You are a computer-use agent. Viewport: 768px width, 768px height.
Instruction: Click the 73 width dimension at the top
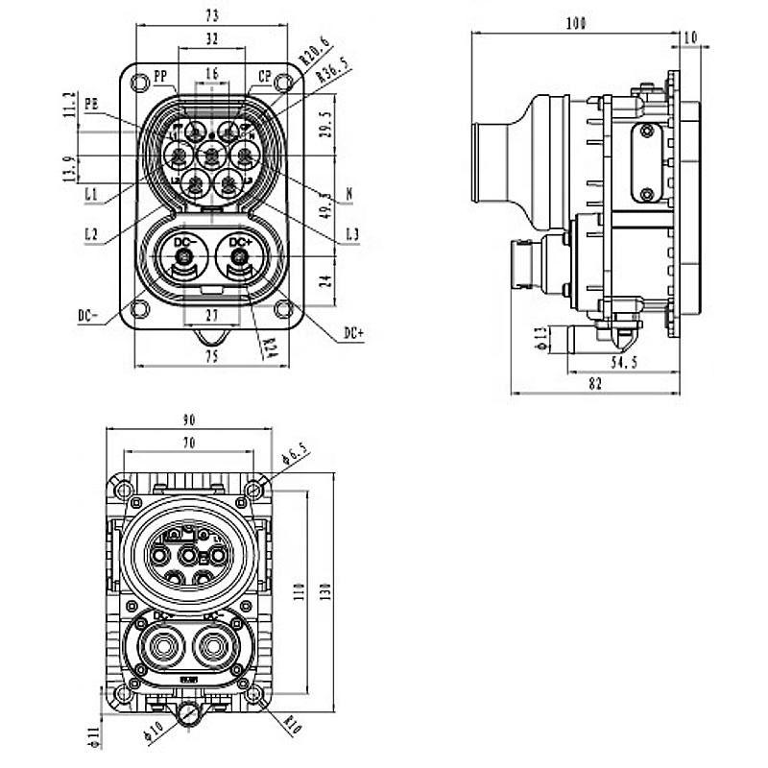click(211, 16)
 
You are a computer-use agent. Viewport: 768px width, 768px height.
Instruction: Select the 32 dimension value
click(211, 39)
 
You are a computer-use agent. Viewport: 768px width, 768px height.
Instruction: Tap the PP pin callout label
click(160, 76)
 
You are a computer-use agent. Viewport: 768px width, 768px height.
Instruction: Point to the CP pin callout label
click(264, 76)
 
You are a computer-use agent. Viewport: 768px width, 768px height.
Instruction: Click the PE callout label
click(92, 106)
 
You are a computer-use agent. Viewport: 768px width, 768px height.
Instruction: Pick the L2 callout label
click(91, 233)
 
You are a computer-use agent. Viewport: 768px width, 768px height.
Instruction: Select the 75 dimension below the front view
click(211, 356)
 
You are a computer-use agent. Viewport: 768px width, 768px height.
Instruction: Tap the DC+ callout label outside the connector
click(353, 332)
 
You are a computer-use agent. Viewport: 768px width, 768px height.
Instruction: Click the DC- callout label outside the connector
click(89, 314)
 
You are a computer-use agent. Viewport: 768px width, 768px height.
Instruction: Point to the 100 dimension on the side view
click(576, 23)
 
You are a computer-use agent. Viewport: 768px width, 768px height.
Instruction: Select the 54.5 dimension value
click(625, 362)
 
